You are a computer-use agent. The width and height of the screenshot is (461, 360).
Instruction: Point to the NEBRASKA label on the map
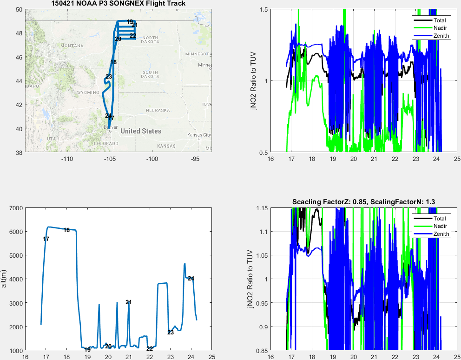click(x=157, y=110)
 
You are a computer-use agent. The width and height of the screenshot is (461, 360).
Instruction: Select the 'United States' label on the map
click(x=141, y=131)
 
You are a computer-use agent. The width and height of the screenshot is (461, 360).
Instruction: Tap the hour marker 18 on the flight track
click(x=113, y=62)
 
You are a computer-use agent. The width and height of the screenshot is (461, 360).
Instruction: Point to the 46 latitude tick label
click(x=19, y=57)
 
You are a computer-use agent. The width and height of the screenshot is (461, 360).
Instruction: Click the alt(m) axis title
click(x=4, y=279)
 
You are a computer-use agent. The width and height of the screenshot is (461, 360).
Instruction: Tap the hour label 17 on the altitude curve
click(x=46, y=239)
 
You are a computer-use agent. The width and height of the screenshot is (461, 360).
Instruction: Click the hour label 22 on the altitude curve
click(x=150, y=348)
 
